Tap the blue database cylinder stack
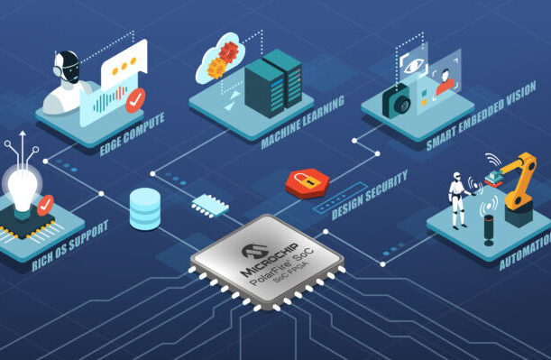[x=144, y=208]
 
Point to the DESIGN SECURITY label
[x=370, y=195]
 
